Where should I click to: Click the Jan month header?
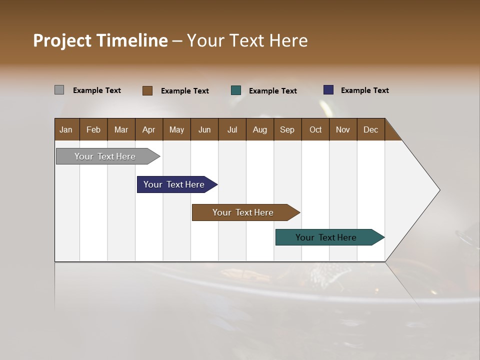coord(66,129)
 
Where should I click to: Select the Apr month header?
coord(149,129)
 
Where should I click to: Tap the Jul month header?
coord(232,129)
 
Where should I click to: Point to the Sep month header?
coord(287,129)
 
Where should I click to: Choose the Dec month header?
coord(371,129)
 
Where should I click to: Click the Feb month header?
coord(93,129)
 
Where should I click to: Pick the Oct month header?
coord(315,129)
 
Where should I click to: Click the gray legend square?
coord(59,90)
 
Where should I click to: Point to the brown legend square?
coord(147,90)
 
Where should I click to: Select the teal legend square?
coord(236,90)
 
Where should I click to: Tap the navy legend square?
coord(328,90)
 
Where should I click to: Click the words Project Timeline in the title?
coord(100,40)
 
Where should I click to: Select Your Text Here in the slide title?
coord(247,40)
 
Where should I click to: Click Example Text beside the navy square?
coord(364,90)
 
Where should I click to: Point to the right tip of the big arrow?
coord(438,190)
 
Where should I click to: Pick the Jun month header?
coord(204,129)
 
